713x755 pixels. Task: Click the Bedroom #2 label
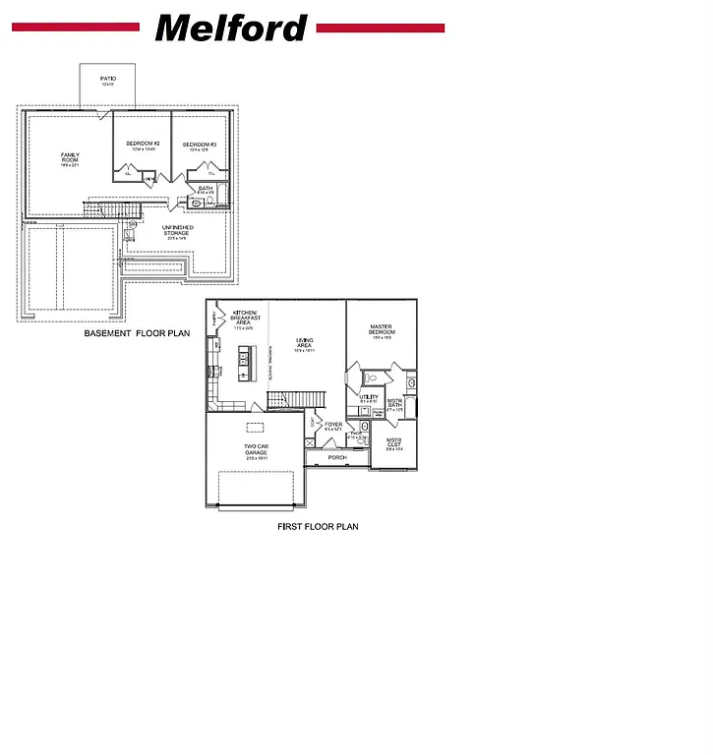[x=143, y=145]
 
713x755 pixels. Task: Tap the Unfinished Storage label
[x=178, y=231]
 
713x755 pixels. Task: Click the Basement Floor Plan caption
[x=137, y=334]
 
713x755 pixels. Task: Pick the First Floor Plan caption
[x=318, y=527]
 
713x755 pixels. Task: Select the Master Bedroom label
[x=382, y=330]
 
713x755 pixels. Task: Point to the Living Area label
[x=305, y=344]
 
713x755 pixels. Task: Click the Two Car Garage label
[x=256, y=449]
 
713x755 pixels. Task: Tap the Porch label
[x=337, y=457]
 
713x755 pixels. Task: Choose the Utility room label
[x=369, y=398]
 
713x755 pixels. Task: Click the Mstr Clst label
[x=393, y=442]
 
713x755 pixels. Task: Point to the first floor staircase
[x=296, y=397]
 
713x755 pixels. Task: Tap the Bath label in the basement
[x=206, y=189]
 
